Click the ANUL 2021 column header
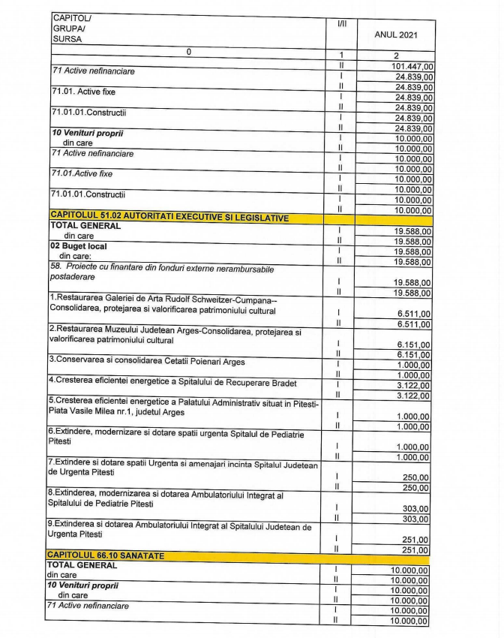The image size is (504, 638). [x=396, y=35]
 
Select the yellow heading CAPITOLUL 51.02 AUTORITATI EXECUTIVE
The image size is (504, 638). [x=169, y=217]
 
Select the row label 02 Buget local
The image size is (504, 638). [x=78, y=246]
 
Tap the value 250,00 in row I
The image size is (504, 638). [x=418, y=477]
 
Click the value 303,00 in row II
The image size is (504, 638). [x=418, y=519]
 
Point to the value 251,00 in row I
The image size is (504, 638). [x=418, y=540]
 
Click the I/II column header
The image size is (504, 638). [x=342, y=24]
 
